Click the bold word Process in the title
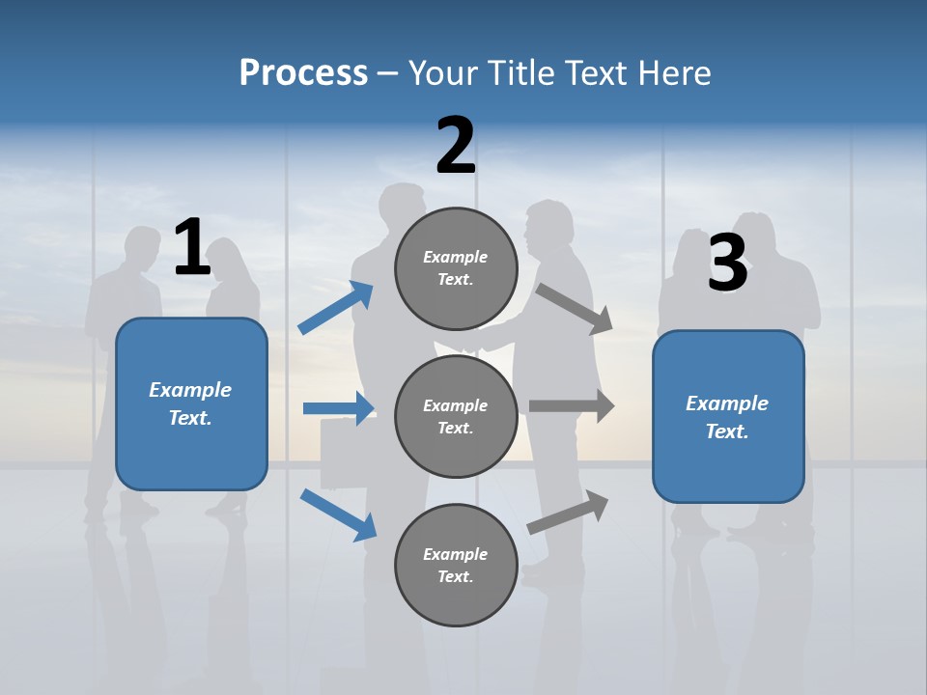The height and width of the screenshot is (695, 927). [x=303, y=72]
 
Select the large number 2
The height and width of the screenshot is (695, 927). [x=456, y=146]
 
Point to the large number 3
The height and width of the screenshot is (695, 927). [x=727, y=263]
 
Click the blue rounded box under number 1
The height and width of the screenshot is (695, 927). [x=191, y=403]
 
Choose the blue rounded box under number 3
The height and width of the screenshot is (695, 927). [x=728, y=417]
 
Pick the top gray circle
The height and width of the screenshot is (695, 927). [x=456, y=268]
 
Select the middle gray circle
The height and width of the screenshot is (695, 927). [x=456, y=416]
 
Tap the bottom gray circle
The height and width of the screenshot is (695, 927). [x=456, y=565]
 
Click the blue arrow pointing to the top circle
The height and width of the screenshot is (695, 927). [x=336, y=308]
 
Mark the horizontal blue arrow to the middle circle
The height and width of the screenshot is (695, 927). [x=338, y=408]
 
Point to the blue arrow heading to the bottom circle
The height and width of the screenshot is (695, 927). [x=338, y=514]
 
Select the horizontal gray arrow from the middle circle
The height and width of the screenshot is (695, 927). [x=572, y=406]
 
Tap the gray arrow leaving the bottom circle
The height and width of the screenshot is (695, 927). [x=569, y=513]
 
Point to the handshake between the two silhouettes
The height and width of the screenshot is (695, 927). [x=473, y=343]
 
